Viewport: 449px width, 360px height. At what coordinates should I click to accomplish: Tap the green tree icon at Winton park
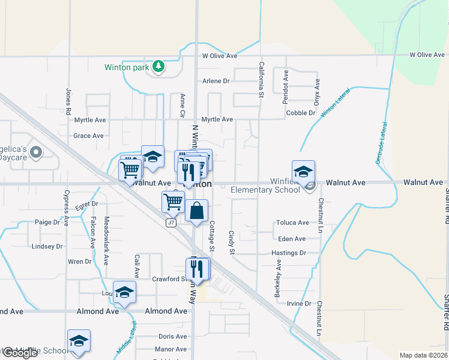pyautogui.click(x=158, y=67)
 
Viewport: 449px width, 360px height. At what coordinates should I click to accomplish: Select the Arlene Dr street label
pyautogui.click(x=216, y=81)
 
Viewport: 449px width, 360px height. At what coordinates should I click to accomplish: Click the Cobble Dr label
pyautogui.click(x=301, y=113)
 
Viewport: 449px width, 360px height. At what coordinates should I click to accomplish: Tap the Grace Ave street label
pyautogui.click(x=88, y=136)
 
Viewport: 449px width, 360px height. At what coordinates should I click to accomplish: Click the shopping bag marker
pyautogui.click(x=197, y=211)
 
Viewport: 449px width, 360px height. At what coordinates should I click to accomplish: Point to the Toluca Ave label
pyautogui.click(x=292, y=223)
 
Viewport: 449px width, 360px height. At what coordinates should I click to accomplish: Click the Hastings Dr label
pyautogui.click(x=289, y=253)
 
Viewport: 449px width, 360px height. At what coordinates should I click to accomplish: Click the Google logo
pyautogui.click(x=19, y=353)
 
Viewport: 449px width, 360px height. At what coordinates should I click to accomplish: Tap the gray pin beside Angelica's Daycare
pyautogui.click(x=35, y=153)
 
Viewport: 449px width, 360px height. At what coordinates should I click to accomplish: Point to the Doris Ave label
pyautogui.click(x=172, y=337)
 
